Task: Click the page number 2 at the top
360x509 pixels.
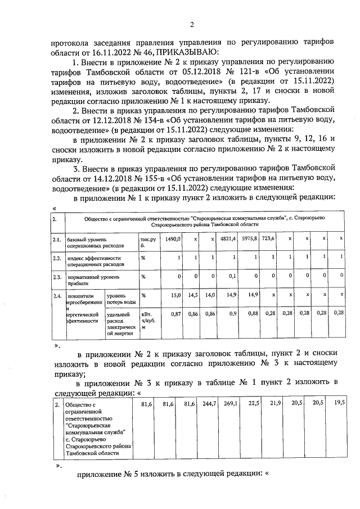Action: pos(191,24)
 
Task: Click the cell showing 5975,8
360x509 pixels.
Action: pos(252,238)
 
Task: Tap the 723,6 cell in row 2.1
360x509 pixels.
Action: pos(269,238)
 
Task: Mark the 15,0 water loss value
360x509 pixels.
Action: pos(175,295)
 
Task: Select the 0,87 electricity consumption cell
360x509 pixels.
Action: pos(175,313)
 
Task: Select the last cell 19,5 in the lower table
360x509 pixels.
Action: pos(340,403)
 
